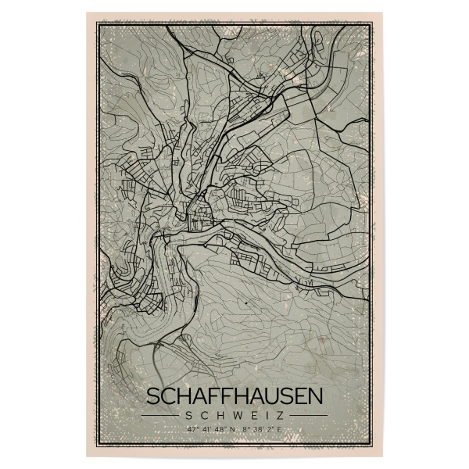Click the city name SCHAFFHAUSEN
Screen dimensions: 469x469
click(x=234, y=396)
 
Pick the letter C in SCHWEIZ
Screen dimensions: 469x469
click(x=200, y=414)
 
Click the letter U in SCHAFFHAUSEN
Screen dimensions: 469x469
click(x=274, y=396)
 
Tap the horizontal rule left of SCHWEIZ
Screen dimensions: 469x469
click(x=159, y=414)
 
